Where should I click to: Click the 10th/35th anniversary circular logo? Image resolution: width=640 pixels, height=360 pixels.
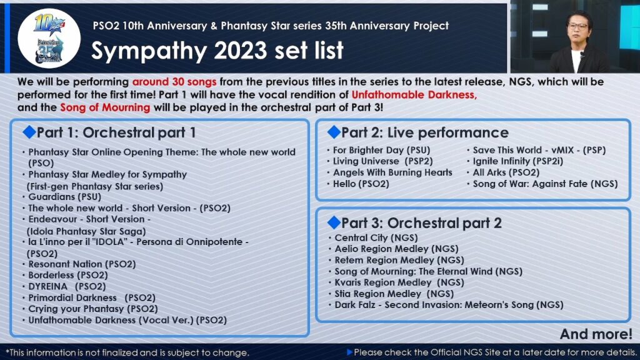coord(49,38)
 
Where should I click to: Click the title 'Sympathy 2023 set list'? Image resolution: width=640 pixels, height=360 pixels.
coord(217,51)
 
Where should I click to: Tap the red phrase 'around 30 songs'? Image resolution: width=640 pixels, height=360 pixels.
coord(174,82)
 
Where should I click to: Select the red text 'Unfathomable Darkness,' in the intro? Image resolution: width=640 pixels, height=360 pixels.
coord(414,95)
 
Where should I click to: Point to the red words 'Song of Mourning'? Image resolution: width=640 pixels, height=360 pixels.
coord(105,107)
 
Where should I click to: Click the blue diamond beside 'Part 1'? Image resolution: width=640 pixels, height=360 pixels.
coord(29,132)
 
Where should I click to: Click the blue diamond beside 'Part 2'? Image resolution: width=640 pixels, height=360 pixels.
coord(334,132)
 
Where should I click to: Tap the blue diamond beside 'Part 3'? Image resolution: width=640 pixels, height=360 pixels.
coord(334,222)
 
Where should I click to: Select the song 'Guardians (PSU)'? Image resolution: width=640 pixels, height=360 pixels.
coord(64,197)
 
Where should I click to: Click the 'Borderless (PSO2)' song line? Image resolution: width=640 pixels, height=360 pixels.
coord(67,275)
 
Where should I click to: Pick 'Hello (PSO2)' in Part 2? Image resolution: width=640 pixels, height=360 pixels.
coord(361,184)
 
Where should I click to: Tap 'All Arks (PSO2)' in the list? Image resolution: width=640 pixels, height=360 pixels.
coord(506,172)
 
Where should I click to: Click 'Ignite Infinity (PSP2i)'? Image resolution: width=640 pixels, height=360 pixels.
coord(518,161)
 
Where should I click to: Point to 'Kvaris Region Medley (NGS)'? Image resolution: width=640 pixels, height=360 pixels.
coord(399,282)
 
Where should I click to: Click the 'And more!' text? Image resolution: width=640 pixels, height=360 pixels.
coord(596,334)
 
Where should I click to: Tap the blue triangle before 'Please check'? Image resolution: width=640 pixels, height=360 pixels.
coord(349,352)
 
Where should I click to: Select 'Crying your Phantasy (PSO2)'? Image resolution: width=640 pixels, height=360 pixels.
coord(92,309)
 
